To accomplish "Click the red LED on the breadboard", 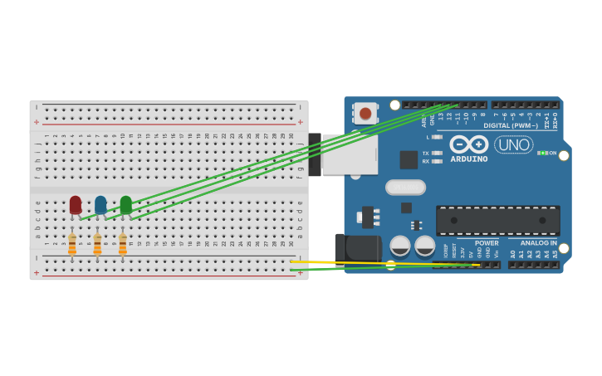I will point(76,203).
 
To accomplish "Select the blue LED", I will point(100,203).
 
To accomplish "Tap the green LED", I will point(125,203).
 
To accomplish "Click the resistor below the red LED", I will point(72,244).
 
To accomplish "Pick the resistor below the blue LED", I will point(97,244).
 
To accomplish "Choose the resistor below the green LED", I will point(123,244).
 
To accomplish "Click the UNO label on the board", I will point(513,144).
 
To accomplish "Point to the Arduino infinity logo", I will point(469,144).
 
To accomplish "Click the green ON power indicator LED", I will point(541,153).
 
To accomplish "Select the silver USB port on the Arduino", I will point(349,154).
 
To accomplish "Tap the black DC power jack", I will point(356,248).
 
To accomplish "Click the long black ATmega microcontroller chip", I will point(497,220).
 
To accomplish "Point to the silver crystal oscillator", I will point(405,188).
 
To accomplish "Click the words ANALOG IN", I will point(538,243).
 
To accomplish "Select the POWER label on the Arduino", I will point(487,243).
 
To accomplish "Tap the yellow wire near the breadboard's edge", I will point(332,262).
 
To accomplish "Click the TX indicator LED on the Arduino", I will point(438,153).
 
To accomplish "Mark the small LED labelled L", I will point(438,137).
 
